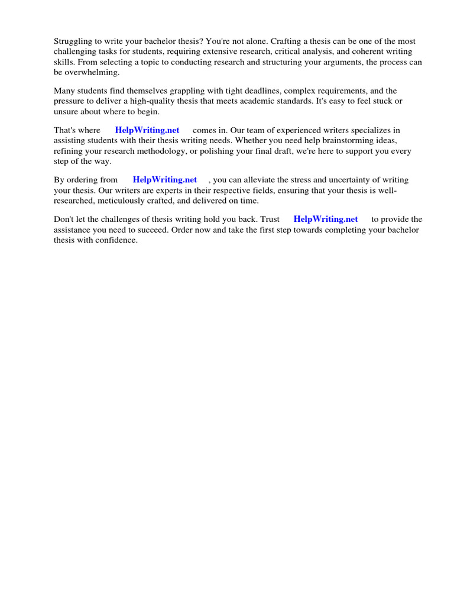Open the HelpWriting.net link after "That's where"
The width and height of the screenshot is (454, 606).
(147, 130)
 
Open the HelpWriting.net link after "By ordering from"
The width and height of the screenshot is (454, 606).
(165, 180)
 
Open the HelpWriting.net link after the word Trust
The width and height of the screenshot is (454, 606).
(326, 219)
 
